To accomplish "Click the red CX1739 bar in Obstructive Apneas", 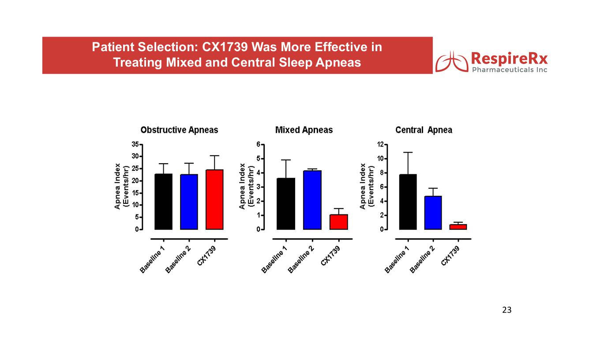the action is (214, 199).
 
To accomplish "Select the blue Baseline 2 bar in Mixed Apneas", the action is (312, 200).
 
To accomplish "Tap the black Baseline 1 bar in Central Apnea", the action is (408, 202).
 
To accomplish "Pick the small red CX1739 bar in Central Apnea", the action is (458, 227).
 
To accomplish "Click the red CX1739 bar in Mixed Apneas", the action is (339, 222).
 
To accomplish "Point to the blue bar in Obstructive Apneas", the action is (189, 202).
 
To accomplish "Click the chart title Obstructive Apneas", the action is (179, 130).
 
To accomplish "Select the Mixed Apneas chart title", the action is (304, 130).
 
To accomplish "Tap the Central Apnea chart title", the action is (424, 130).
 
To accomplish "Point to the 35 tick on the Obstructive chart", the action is (135, 144).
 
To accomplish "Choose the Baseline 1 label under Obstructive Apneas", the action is (152, 259).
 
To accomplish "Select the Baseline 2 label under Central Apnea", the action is (422, 259).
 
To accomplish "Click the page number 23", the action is (507, 310).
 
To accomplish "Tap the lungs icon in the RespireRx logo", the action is (452, 61).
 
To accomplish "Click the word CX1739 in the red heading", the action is (225, 47).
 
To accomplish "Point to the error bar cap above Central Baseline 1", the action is (408, 152).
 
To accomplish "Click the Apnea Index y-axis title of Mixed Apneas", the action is (242, 186).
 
